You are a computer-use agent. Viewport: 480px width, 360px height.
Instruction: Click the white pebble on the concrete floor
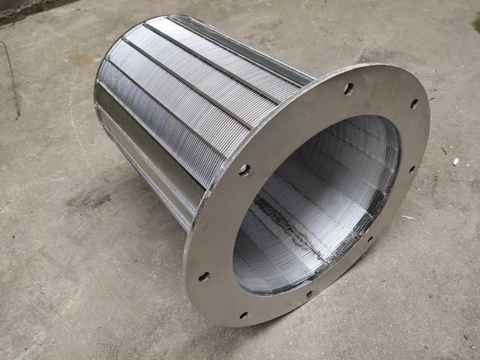(x=456, y=162)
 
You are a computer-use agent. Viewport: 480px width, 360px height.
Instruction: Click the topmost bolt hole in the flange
(x=349, y=88)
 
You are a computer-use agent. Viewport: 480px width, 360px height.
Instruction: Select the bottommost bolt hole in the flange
(x=243, y=315)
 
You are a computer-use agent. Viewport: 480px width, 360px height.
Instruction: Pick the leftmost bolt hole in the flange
(x=203, y=276)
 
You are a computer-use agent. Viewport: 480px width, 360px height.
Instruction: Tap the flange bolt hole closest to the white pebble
(x=414, y=103)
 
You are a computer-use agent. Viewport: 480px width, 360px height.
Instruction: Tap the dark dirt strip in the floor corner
(x=25, y=9)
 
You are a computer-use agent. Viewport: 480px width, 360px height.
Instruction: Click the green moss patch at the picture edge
(x=476, y=24)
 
